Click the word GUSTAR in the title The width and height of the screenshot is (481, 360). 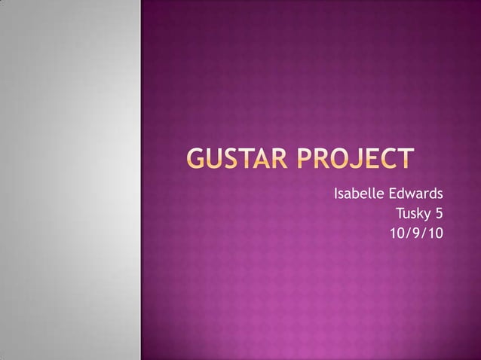tap(239, 159)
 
